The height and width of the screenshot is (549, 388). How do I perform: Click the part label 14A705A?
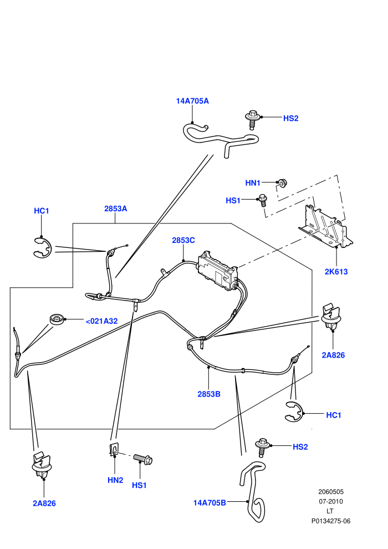192,101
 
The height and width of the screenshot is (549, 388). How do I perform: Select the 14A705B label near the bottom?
210,503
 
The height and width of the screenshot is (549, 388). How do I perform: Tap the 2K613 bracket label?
336,271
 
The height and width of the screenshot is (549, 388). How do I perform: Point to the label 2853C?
183,240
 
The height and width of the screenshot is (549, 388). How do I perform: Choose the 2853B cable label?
209,394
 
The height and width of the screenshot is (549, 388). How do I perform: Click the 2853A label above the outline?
115,209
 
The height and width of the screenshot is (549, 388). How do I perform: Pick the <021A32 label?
101,321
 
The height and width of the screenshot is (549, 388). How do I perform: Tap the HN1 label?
253,183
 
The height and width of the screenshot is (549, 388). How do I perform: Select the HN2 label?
115,480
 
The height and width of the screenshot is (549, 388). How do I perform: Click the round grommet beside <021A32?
57,319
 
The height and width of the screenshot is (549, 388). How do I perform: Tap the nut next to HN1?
282,183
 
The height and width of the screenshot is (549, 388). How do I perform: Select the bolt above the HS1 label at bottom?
142,458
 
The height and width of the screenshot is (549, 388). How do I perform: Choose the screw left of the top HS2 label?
253,120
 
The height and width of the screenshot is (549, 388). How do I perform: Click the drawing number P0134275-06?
331,521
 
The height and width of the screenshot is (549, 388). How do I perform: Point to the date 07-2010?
331,501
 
